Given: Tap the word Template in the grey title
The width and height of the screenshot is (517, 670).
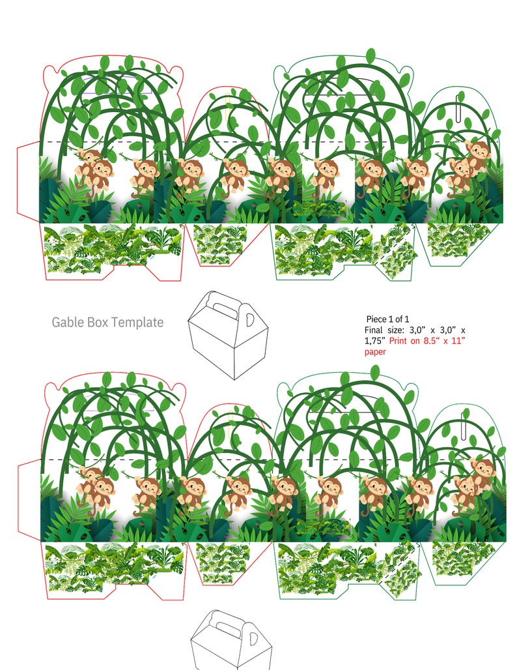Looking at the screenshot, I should point(137,322).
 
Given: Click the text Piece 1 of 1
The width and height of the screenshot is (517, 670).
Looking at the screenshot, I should point(387,319).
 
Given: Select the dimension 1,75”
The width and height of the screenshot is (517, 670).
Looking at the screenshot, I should point(374,341).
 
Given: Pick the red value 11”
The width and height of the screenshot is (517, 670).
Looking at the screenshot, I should point(458,341).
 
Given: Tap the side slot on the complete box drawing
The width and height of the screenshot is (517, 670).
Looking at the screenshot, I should point(249,320).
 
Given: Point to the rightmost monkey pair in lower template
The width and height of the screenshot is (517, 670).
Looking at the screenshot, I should point(472,482).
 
